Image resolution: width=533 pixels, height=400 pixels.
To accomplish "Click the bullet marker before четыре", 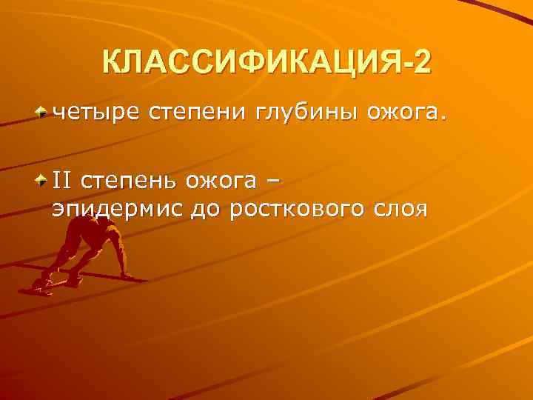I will point(44,113).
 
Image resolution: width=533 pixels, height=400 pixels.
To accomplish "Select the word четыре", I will point(95,113).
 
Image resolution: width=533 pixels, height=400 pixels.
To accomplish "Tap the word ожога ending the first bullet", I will point(401,113).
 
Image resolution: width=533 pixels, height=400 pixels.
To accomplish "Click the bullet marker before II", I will point(44,179).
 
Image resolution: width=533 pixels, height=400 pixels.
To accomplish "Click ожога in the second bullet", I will point(223,180).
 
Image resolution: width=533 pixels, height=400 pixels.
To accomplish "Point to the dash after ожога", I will point(275,180).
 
